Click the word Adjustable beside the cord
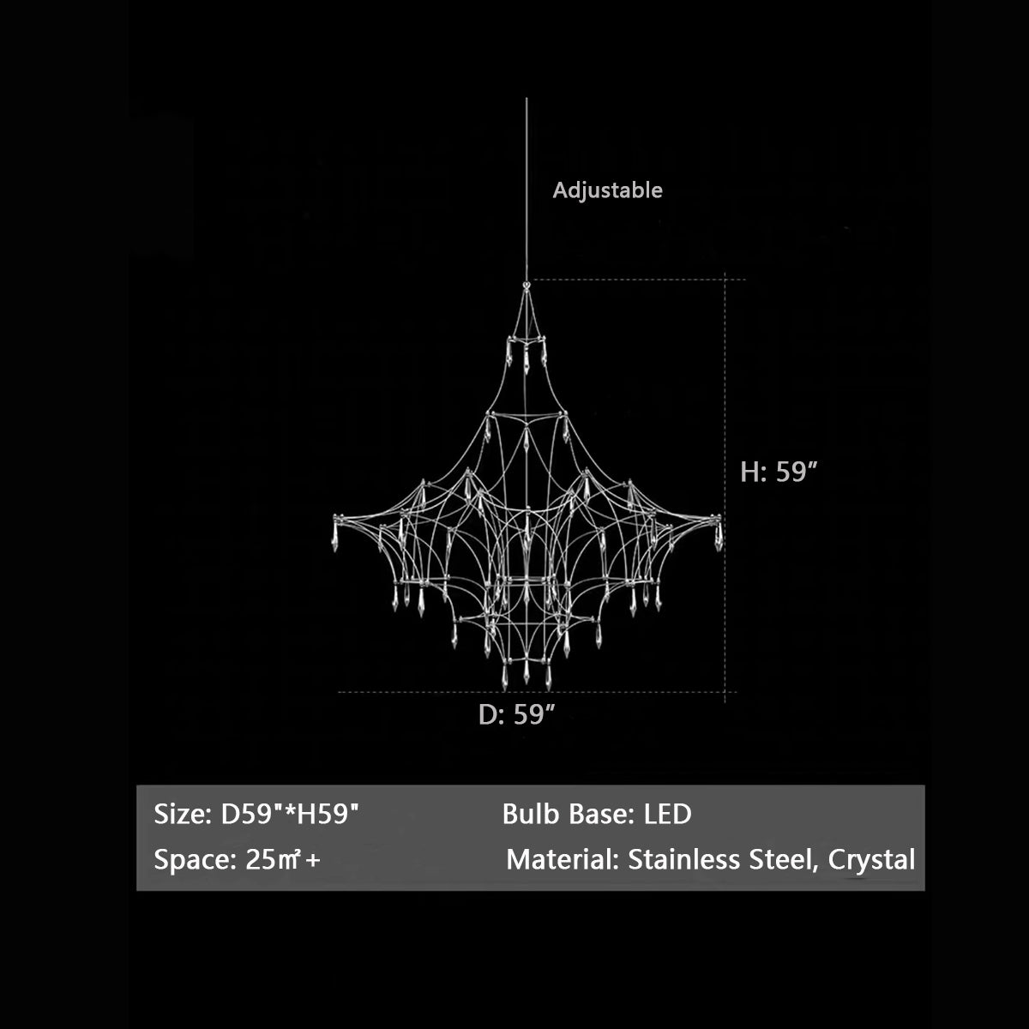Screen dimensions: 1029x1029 (x=607, y=190)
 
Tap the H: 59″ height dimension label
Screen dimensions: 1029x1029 (x=779, y=472)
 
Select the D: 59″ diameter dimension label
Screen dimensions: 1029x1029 (x=517, y=714)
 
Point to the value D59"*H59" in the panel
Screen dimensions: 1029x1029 (x=290, y=815)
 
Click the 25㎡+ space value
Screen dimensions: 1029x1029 (x=283, y=860)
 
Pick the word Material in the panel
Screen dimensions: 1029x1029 (x=562, y=860)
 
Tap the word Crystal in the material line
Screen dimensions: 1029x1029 (x=871, y=861)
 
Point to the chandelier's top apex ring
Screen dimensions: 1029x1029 (x=527, y=286)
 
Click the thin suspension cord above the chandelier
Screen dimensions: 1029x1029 (x=527, y=190)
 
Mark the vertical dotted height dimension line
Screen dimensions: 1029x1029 (x=725, y=487)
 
